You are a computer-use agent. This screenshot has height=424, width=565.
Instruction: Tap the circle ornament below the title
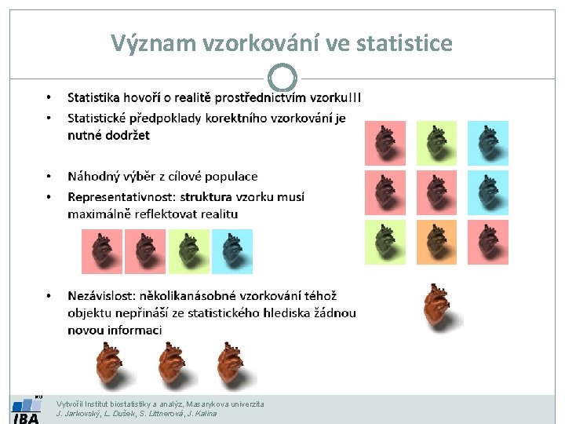pos(282,78)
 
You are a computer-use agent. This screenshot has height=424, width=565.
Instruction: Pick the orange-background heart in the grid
pos(436,242)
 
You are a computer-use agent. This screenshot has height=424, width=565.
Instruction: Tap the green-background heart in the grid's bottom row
pos(385,242)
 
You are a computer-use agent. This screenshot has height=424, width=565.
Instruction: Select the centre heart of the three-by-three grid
pos(436,192)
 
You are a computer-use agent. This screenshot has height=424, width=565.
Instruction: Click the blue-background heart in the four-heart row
pos(232,251)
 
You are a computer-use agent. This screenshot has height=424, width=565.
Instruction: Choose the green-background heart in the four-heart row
pos(189,251)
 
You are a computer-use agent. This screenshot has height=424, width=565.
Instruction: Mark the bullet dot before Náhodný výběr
pos(48,177)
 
